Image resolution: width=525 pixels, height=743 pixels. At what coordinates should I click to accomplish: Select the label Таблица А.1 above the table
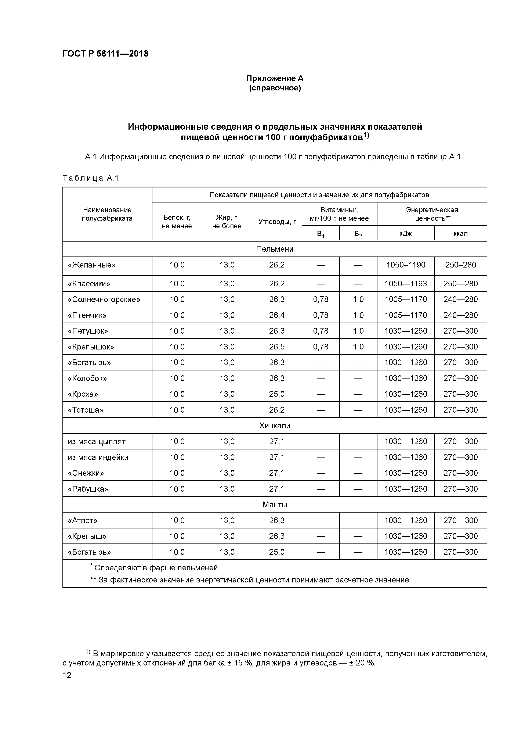pyautogui.click(x=91, y=178)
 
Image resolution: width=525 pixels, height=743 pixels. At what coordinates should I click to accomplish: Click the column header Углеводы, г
pyautogui.click(x=277, y=222)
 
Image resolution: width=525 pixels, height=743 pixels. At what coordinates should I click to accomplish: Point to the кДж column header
pyautogui.click(x=405, y=234)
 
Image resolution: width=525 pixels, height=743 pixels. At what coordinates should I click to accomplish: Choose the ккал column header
pyautogui.click(x=460, y=234)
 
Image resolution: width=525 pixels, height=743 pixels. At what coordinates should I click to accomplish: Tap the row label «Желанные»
pyautogui.click(x=91, y=265)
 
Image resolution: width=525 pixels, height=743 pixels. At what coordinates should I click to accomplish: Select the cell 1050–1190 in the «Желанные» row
pyautogui.click(x=405, y=265)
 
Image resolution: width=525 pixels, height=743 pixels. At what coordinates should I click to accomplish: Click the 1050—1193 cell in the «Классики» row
pyautogui.click(x=405, y=284)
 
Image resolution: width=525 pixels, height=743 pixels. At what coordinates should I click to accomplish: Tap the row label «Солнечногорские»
pyautogui.click(x=104, y=299)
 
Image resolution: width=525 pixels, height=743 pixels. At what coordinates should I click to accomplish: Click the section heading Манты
pyautogui.click(x=275, y=505)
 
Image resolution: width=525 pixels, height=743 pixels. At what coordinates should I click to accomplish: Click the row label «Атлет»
pyautogui.click(x=83, y=520)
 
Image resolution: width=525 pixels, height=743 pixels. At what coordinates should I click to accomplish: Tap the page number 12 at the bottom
pyautogui.click(x=67, y=675)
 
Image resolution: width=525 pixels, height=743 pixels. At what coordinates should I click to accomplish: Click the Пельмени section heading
pyautogui.click(x=275, y=249)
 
